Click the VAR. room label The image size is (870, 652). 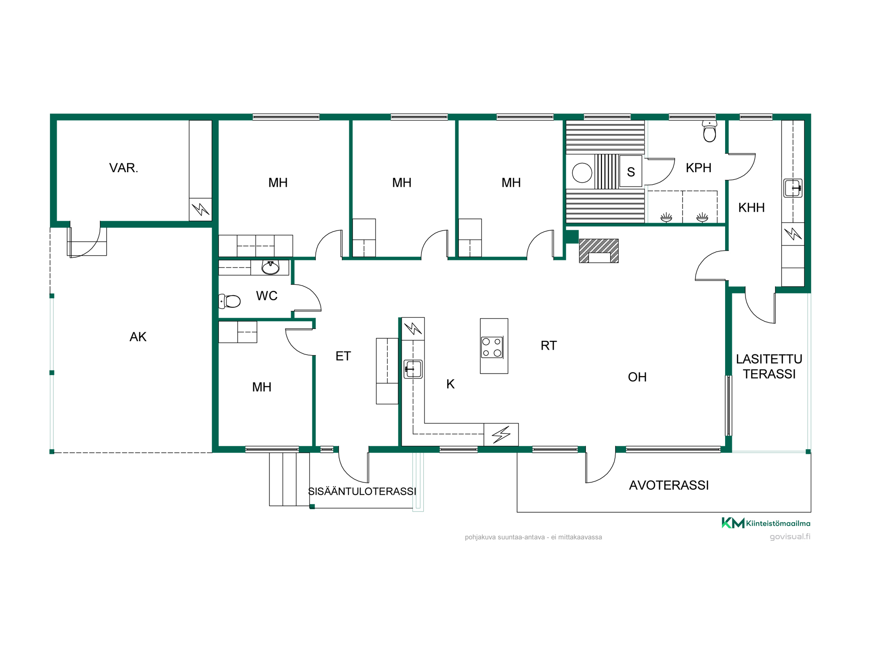124,168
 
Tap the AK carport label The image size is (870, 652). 138,337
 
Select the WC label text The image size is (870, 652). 267,296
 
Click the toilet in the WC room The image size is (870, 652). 229,301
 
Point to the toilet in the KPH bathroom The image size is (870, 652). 709,132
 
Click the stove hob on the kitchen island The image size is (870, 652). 492,347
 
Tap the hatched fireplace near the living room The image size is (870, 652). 599,251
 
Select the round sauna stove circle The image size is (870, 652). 582,173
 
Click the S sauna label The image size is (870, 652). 631,172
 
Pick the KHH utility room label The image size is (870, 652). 751,208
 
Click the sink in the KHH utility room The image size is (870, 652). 793,188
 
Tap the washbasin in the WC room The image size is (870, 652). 270,267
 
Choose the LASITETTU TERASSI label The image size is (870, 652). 769,366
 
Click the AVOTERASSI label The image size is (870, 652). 669,485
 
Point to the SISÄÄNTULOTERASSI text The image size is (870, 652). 362,491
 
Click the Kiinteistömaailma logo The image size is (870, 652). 766,523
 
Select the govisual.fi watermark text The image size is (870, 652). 790,537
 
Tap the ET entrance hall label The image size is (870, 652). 343,356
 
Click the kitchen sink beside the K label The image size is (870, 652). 413,369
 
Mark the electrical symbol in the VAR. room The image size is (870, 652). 201,210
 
